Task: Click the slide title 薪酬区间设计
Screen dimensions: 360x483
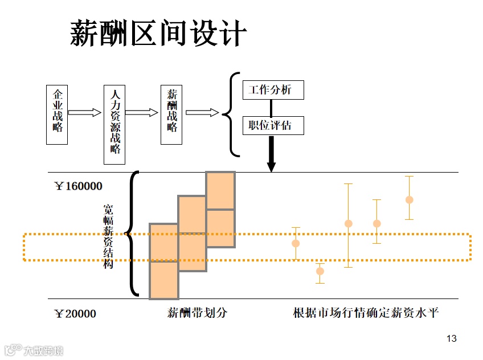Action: tap(158, 34)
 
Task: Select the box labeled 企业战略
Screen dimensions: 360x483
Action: tap(58, 114)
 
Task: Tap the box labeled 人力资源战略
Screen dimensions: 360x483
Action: tap(114, 125)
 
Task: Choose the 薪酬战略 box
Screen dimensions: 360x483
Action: tap(172, 114)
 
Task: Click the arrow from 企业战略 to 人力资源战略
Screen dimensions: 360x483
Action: tap(85, 112)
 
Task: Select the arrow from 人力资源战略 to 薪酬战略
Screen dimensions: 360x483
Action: tap(142, 112)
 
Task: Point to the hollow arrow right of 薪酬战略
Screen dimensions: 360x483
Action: tap(202, 112)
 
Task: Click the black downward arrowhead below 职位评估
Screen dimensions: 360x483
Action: tap(272, 166)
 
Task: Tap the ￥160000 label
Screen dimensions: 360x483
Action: tap(79, 186)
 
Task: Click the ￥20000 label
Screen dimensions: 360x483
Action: tap(75, 313)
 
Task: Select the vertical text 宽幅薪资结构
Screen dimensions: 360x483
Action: tap(108, 236)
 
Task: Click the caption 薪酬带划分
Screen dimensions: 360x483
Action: tap(197, 313)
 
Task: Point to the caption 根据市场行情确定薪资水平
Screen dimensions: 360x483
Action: tap(366, 313)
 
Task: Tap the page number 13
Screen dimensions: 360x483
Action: tap(452, 339)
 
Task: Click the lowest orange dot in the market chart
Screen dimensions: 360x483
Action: tap(320, 271)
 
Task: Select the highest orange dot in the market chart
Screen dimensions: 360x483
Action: tap(409, 199)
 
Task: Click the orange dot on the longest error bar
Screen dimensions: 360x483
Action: tap(349, 223)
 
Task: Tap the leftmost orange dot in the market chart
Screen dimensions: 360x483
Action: tap(296, 243)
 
